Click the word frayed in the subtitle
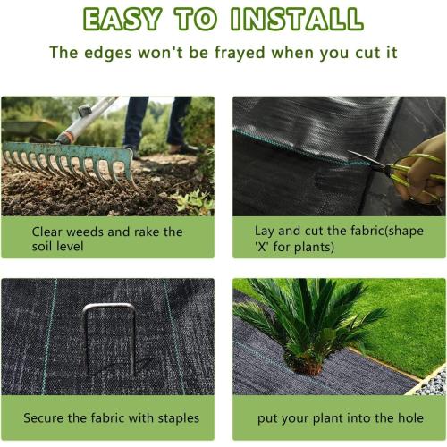[x=229, y=52]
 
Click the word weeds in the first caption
[x=86, y=232]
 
